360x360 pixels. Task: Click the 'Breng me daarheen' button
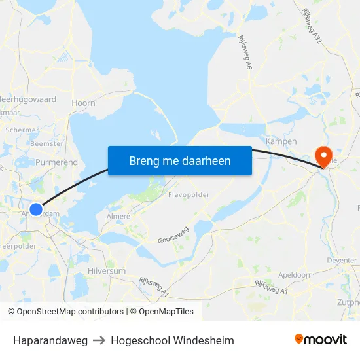(x=179, y=160)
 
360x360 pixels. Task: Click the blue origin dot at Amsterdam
(x=36, y=209)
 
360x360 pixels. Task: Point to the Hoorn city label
(x=83, y=103)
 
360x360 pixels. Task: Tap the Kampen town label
(x=281, y=141)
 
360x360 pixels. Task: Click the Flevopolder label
(x=189, y=195)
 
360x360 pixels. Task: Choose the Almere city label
(x=118, y=216)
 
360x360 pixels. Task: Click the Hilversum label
(x=106, y=270)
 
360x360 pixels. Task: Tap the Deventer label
(x=342, y=260)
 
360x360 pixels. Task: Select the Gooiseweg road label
(x=173, y=236)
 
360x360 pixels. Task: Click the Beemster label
(x=47, y=143)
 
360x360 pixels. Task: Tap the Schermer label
(x=22, y=130)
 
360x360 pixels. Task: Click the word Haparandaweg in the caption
(x=50, y=340)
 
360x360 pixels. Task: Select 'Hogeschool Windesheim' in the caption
(x=172, y=340)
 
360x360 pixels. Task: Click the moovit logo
(x=321, y=339)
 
